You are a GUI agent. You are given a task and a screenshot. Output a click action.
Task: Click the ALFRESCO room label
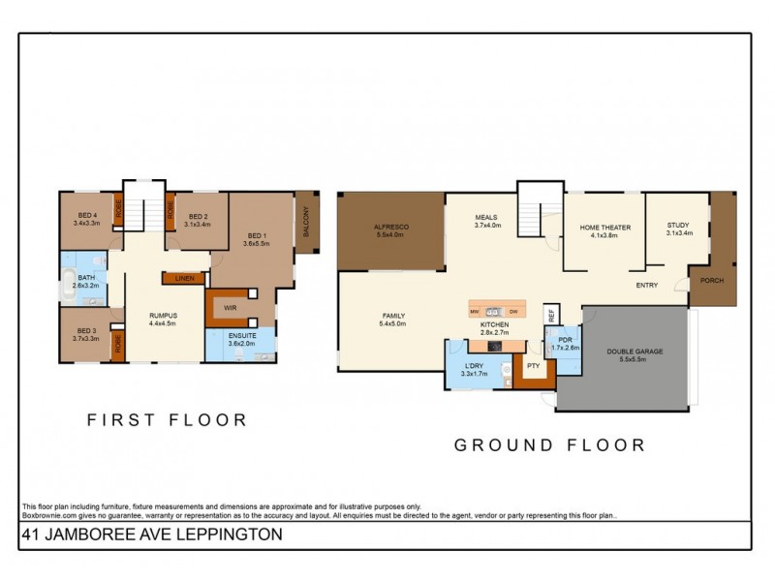[391, 227]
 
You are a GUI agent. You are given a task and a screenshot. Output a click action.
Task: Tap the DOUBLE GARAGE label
[635, 352]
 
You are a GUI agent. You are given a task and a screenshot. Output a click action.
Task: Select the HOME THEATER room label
[604, 227]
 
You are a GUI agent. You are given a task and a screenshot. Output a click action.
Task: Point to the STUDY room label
[678, 225]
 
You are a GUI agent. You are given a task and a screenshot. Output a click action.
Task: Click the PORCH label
[713, 282]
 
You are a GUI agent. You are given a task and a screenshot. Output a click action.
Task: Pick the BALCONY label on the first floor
[307, 222]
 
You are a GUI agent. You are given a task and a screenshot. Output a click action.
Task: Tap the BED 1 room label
[256, 234]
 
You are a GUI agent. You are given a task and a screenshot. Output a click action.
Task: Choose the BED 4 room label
[86, 216]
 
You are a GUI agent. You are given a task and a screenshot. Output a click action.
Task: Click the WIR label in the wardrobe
[231, 307]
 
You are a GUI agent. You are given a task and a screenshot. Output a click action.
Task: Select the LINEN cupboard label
[184, 279]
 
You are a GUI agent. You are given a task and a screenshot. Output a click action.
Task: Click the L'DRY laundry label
[474, 365]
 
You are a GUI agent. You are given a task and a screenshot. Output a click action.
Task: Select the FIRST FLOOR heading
[167, 420]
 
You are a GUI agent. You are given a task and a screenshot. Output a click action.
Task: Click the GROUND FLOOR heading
[549, 445]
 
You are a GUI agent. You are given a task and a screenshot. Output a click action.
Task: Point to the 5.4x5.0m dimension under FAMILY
[392, 324]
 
